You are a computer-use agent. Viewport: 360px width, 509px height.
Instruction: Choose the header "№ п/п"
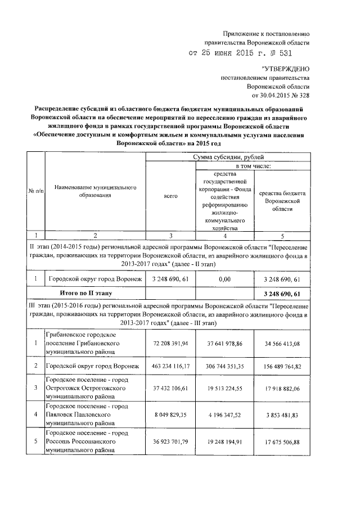tap(35, 191)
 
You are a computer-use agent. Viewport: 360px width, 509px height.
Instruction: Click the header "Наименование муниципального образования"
tap(95, 191)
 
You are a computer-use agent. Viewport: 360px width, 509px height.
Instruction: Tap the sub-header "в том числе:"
tap(253, 166)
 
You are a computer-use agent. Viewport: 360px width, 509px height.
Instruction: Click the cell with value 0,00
tap(224, 279)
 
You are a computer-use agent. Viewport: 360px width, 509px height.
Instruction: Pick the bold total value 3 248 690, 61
tap(282, 293)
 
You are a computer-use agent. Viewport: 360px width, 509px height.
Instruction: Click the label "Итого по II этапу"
tap(87, 293)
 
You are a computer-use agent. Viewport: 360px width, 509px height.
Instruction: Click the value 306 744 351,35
tap(224, 367)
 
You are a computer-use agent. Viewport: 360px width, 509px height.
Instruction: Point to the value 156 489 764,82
tap(282, 367)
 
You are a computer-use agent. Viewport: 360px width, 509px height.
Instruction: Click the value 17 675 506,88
tap(282, 442)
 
